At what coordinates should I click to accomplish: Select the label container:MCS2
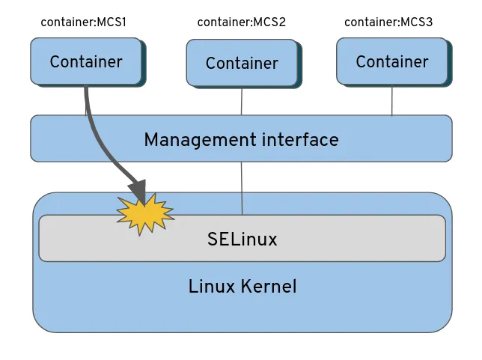point(241,22)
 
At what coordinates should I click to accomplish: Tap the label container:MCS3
point(388,22)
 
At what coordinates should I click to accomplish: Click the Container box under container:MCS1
point(86,61)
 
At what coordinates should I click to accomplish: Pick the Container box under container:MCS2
point(242,64)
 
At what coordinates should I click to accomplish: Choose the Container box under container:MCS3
point(391,61)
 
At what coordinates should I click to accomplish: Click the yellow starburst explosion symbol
point(144,215)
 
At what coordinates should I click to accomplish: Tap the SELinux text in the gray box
point(242,240)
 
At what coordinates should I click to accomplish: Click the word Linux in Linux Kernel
point(211,287)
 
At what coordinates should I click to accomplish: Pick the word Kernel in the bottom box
point(269,287)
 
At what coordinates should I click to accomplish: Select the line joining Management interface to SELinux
point(241,187)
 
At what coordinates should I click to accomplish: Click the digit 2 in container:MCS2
point(281,22)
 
